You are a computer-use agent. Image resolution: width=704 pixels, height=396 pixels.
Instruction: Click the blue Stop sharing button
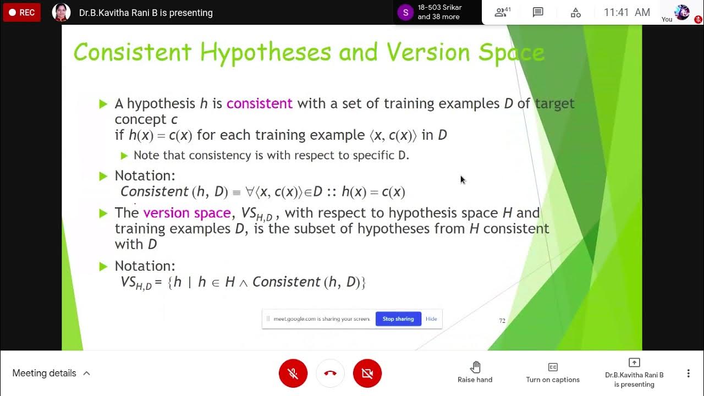point(398,319)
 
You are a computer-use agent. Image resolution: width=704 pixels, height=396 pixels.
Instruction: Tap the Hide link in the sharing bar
point(431,319)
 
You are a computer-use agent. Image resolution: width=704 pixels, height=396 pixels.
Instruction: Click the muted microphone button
point(293,373)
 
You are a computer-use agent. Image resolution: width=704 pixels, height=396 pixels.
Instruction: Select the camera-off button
point(367,373)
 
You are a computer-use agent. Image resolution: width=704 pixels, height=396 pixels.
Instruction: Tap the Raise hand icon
point(475,367)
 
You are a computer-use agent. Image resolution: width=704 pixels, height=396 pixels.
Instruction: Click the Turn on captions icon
point(553,367)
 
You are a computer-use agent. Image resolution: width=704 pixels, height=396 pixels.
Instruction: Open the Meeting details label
point(44,373)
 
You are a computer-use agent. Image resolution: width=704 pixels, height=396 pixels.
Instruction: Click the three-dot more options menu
point(688,373)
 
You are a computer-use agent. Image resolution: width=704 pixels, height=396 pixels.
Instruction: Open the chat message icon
point(538,12)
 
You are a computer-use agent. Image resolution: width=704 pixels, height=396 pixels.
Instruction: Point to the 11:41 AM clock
point(627,12)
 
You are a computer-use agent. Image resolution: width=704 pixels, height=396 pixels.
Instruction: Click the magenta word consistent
point(259,103)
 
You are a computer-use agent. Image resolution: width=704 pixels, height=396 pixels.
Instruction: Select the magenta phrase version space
point(186,213)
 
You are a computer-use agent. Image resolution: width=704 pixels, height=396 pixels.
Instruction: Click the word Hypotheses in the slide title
point(265,53)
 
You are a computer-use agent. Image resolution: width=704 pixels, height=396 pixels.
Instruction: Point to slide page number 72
point(502,321)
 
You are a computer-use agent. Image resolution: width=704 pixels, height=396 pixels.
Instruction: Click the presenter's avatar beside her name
point(61,12)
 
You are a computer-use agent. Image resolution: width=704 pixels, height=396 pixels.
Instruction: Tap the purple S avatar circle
point(405,12)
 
